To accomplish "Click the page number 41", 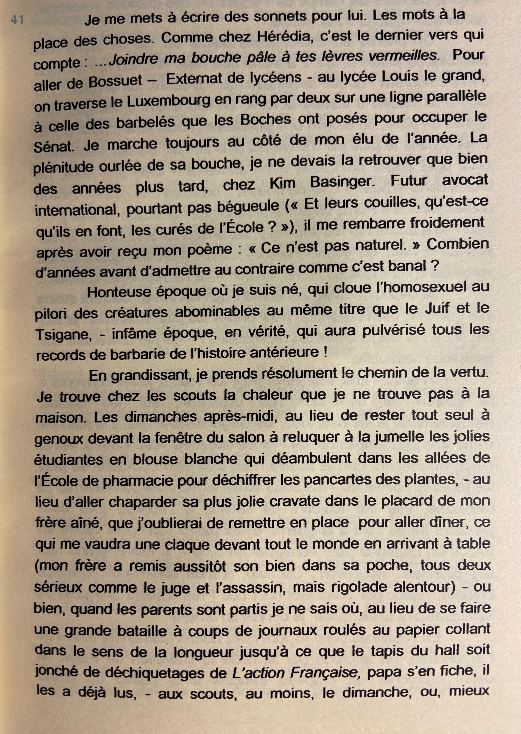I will pyautogui.click(x=17, y=20).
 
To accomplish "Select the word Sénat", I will pyautogui.click(x=54, y=147).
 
